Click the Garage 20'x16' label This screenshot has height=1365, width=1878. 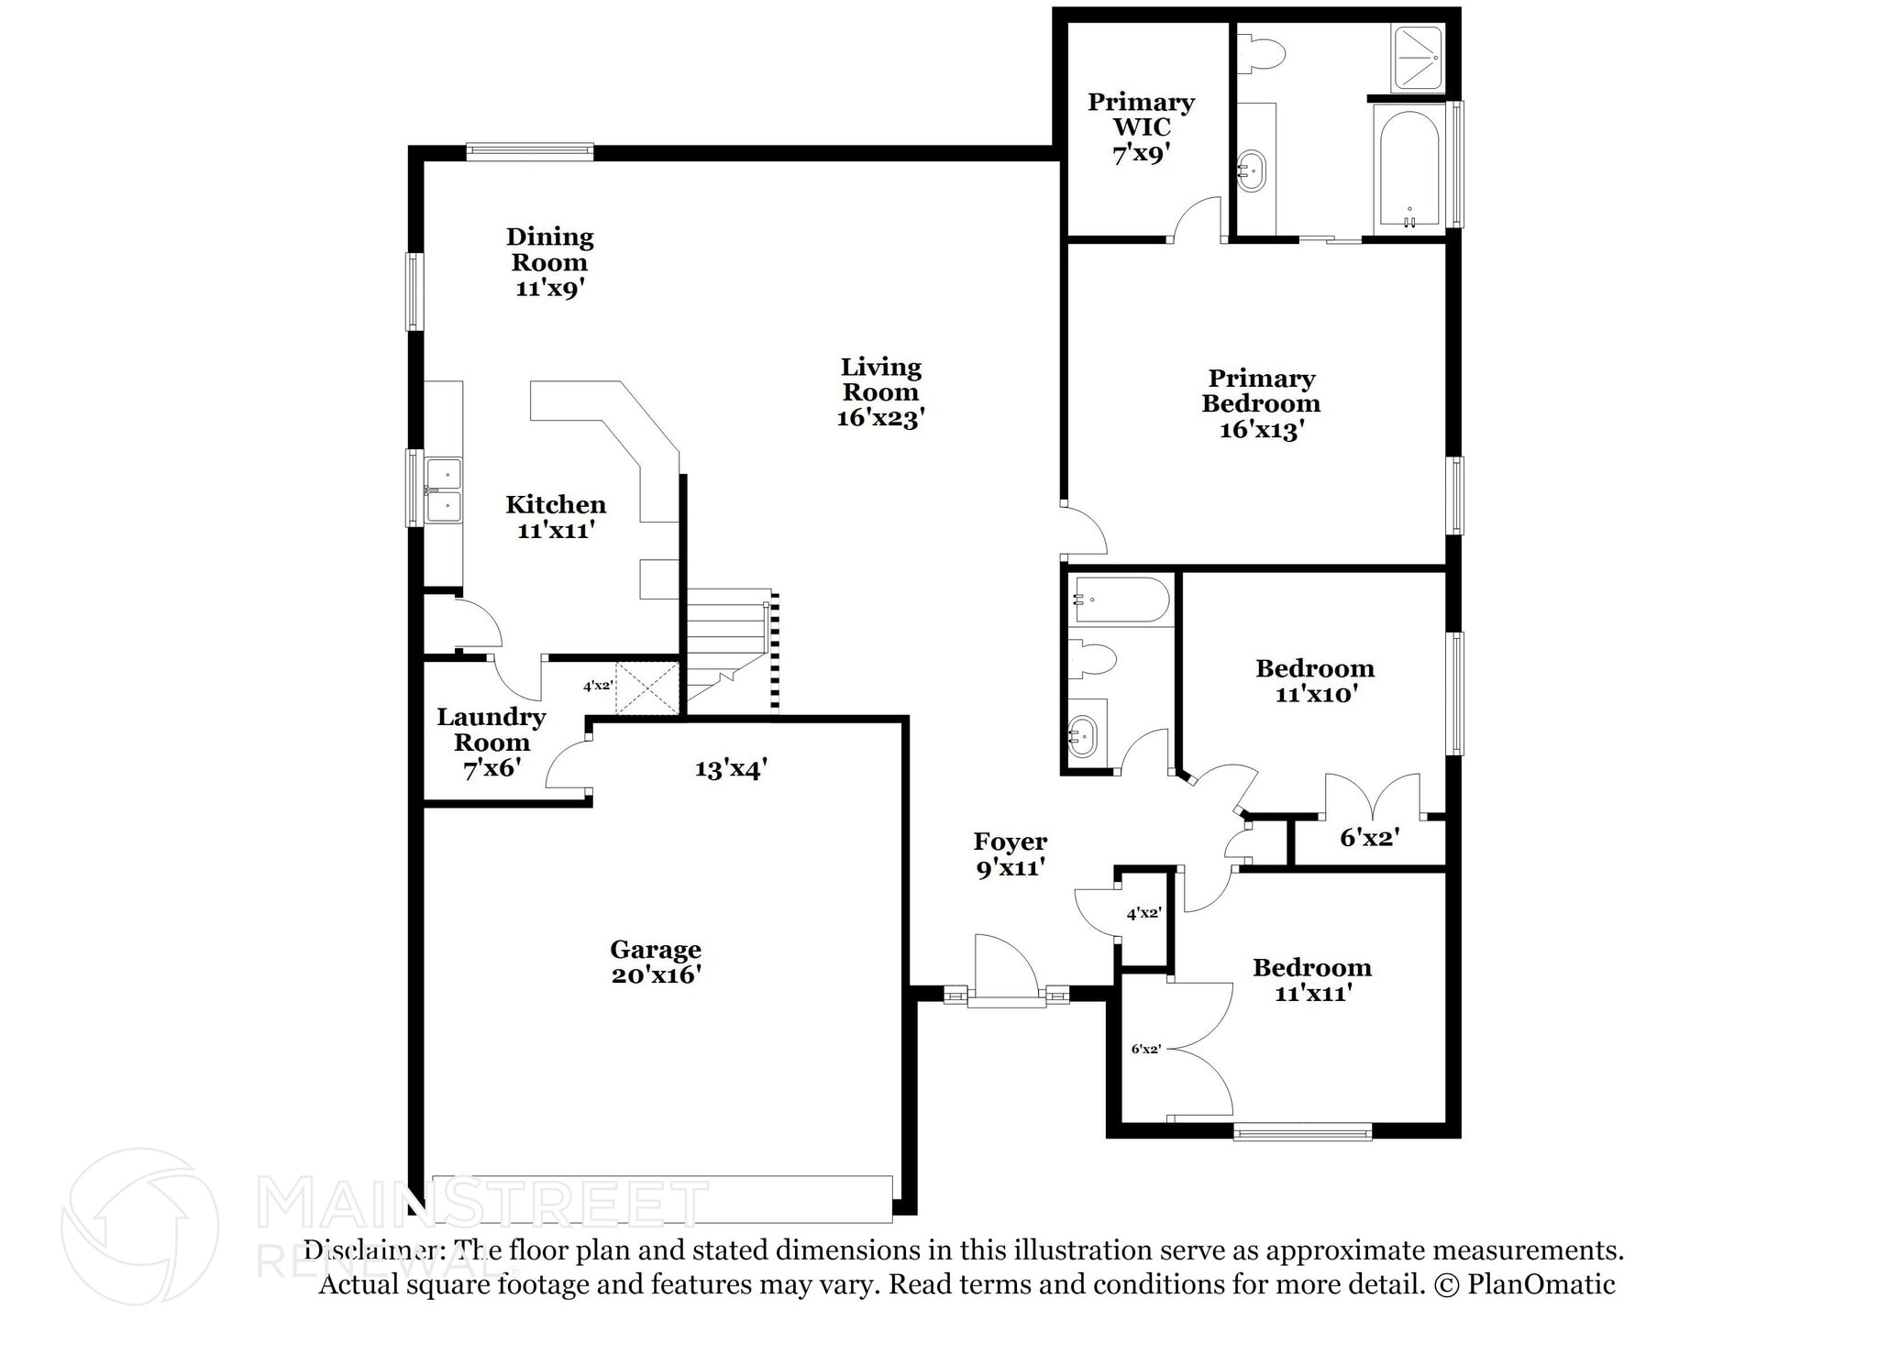click(x=656, y=962)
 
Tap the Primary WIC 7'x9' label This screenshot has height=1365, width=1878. click(x=1141, y=127)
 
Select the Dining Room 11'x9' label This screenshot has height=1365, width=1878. click(x=549, y=262)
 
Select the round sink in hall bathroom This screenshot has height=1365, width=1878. click(x=1083, y=736)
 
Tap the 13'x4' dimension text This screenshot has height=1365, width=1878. click(x=731, y=768)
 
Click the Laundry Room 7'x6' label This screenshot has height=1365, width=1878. click(x=492, y=743)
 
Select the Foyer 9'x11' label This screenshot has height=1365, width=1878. click(x=1011, y=853)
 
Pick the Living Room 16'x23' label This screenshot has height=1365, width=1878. click(x=880, y=392)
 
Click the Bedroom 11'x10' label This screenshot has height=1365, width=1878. click(x=1315, y=680)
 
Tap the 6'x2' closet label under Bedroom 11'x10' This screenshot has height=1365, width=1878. click(x=1369, y=836)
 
